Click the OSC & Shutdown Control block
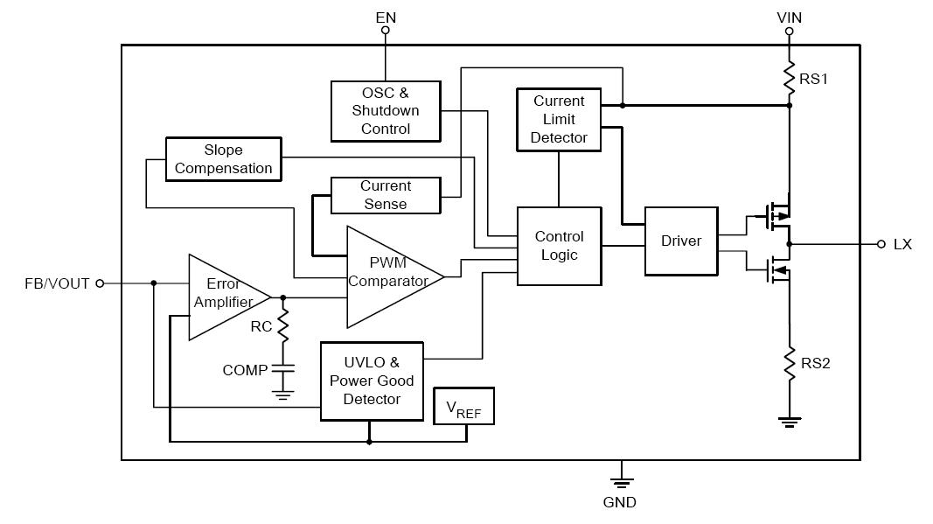click(385, 111)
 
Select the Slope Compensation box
click(223, 159)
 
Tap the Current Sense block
click(385, 195)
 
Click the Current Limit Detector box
click(559, 120)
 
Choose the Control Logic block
click(559, 246)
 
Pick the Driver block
click(680, 241)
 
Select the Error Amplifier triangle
click(223, 296)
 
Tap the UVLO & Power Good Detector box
click(372, 381)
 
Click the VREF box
click(464, 406)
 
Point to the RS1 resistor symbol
click(789, 76)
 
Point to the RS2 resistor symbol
click(789, 363)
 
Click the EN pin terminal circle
click(385, 31)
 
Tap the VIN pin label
click(789, 17)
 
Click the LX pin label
click(902, 245)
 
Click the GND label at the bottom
click(620, 503)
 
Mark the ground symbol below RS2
click(789, 423)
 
